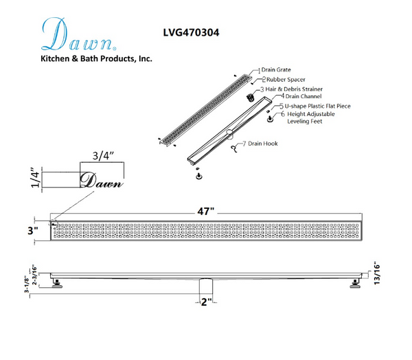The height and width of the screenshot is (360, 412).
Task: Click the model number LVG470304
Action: coord(191,32)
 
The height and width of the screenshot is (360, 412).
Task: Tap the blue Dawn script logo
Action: coord(79,34)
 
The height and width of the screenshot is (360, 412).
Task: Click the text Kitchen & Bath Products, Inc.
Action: coord(96,58)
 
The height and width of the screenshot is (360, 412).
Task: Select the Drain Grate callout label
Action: coord(276,70)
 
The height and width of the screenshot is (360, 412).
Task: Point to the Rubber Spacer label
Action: coord(286,80)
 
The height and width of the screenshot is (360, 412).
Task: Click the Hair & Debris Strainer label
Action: coord(294,89)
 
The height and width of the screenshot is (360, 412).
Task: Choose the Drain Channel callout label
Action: coord(304,96)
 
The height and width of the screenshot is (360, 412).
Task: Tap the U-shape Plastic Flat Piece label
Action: coord(317,106)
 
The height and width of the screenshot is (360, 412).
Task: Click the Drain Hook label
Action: coord(263,144)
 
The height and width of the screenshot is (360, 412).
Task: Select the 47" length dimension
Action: coord(206,211)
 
